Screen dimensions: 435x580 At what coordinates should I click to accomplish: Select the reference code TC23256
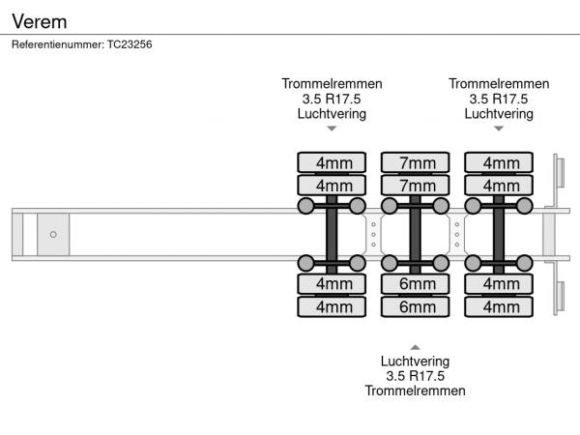coord(129,44)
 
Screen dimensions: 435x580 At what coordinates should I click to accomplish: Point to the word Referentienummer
coord(56,44)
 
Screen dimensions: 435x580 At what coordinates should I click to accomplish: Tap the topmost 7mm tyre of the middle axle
coord(417,161)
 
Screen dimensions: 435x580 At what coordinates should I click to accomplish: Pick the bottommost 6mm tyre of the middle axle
coord(417,306)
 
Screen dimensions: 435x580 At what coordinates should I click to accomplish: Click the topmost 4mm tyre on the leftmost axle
coord(333,161)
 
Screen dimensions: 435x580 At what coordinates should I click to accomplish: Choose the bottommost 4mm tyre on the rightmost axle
coord(500,306)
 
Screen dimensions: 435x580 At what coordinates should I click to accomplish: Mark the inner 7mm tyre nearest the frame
coord(417,185)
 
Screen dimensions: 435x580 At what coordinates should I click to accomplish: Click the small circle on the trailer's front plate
coord(53,234)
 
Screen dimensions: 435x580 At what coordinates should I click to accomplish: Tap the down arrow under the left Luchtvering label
coord(332,128)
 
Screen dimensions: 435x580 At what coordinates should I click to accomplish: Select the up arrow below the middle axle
coord(415,346)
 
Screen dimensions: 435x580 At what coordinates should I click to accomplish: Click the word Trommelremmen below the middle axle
coord(415,391)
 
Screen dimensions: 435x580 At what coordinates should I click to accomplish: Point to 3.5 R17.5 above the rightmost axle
coord(499,99)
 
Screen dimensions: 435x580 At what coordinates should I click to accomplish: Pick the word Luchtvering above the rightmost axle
coord(499,113)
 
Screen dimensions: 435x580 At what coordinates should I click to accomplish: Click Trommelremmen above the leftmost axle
coord(332,83)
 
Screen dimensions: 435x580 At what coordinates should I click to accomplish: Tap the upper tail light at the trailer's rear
coord(559,175)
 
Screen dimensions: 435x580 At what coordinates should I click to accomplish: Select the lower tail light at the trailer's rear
coord(559,294)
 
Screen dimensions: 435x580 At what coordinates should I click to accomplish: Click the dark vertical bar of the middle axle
coord(416,234)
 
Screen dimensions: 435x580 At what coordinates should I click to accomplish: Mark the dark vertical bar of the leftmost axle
coord(332,234)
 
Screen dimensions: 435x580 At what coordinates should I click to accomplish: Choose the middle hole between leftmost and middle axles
coord(374,234)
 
